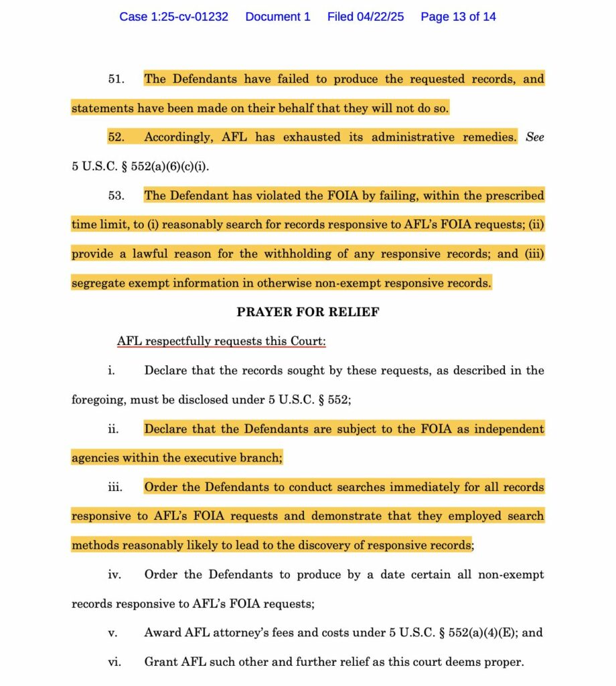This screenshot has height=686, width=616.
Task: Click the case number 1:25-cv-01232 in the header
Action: (173, 17)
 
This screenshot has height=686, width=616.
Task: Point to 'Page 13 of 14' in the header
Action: (458, 17)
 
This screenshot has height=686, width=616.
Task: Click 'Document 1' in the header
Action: (278, 17)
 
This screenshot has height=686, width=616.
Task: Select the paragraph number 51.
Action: (117, 79)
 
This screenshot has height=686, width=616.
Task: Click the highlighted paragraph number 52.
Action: (117, 137)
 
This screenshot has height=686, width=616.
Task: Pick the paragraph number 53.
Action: (117, 196)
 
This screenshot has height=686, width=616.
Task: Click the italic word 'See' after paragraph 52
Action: (535, 137)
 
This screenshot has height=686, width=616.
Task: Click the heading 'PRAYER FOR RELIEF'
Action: (308, 312)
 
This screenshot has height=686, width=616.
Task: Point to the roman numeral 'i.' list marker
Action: (111, 370)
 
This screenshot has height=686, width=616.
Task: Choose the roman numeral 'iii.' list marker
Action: (114, 487)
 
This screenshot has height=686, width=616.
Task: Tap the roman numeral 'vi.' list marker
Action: (114, 663)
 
